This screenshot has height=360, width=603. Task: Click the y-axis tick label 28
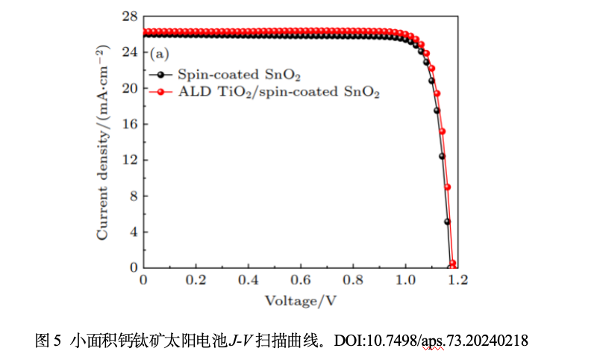[130, 16]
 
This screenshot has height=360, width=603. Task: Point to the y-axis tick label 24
[130, 52]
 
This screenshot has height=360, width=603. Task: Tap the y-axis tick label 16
[130, 124]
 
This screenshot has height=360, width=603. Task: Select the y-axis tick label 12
[130, 160]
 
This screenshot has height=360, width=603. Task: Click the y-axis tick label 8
[133, 196]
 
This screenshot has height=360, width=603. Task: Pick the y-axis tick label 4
[133, 232]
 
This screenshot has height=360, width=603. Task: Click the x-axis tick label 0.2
[196, 280]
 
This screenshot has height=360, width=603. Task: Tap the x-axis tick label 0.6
[301, 280]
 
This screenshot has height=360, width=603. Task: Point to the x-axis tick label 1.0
[405, 280]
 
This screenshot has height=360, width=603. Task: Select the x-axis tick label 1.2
[457, 280]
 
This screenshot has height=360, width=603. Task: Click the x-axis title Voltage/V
[301, 300]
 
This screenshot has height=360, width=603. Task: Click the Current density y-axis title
[102, 142]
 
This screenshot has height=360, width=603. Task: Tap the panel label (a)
[160, 55]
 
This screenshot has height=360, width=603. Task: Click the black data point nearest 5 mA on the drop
[448, 221]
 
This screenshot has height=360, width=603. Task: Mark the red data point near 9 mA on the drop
[447, 187]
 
